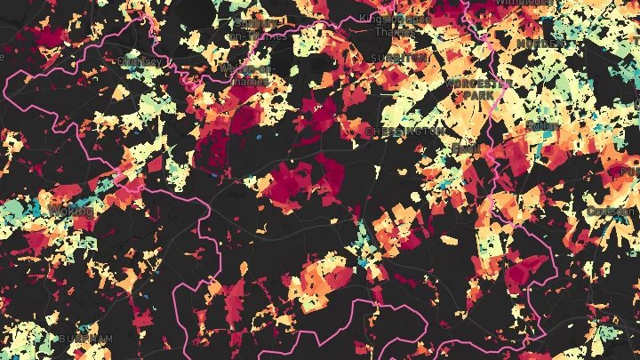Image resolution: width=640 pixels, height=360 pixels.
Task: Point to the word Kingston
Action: (x=383, y=18)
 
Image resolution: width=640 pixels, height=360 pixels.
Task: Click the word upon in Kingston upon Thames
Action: (x=419, y=18)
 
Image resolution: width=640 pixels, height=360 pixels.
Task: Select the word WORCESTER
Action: (x=476, y=84)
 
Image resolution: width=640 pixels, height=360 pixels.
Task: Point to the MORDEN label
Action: (x=542, y=44)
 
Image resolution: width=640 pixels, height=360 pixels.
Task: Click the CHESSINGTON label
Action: (x=404, y=132)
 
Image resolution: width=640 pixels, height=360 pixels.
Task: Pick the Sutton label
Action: (x=542, y=127)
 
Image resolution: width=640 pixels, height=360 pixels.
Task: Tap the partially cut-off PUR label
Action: (x=628, y=171)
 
